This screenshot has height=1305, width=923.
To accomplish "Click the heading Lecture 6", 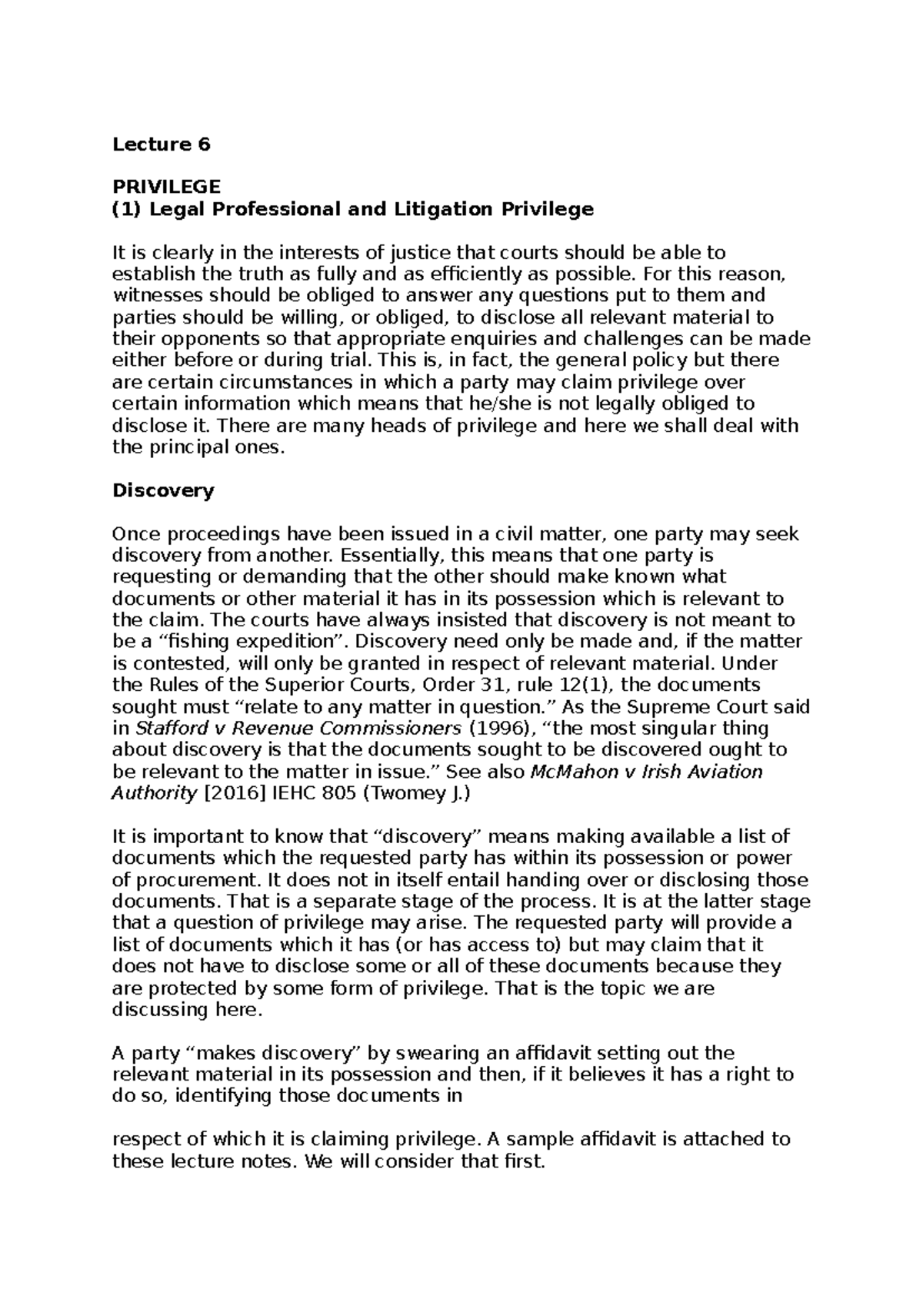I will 161,144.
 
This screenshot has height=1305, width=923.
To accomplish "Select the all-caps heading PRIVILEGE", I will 166,187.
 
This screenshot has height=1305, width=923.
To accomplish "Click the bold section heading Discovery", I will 163,490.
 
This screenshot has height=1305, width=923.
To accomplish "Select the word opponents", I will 198,339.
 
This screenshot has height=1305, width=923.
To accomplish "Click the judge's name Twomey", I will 408,793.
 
